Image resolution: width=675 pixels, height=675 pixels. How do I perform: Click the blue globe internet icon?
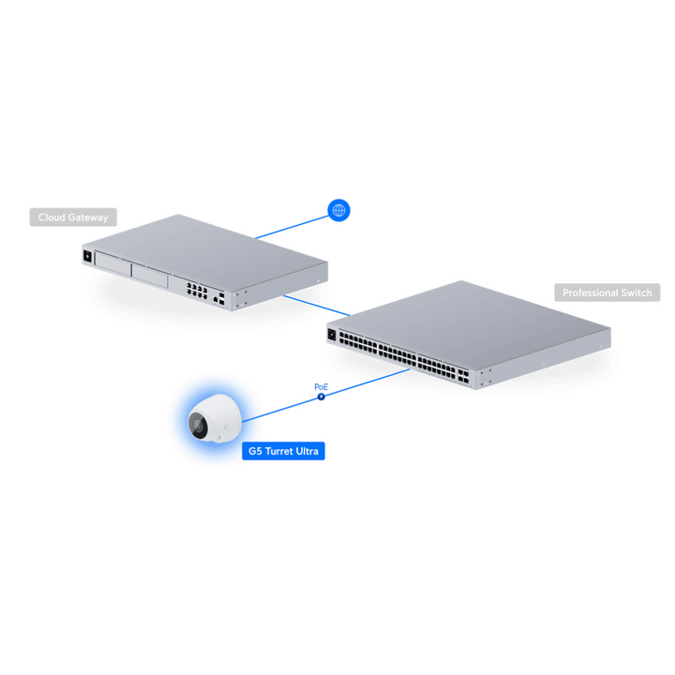pos(338,210)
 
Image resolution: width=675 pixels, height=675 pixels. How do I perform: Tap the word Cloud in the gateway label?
pos(52,217)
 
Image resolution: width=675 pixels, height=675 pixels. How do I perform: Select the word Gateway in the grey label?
pos(88,217)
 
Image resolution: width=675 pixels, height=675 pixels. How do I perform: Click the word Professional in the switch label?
pos(591,292)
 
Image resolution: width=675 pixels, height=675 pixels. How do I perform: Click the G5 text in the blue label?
pos(255,451)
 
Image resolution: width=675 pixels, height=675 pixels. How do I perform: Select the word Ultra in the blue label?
pos(308,451)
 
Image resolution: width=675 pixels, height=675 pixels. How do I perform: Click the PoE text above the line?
pos(322,386)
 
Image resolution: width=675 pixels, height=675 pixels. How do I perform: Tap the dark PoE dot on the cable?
pos(322,397)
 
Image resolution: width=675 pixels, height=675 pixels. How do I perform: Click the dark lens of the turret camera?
pos(199,426)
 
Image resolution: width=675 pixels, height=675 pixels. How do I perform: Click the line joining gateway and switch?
pos(317,306)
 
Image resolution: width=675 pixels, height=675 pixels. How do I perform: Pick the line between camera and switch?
pos(326,396)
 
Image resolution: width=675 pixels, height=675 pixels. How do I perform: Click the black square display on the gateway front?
pos(87,256)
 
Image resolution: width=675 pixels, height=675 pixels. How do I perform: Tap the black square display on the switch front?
pos(332,335)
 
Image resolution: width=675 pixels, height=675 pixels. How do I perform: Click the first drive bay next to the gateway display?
pos(112,263)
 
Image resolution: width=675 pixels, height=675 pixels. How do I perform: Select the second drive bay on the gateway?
pos(149,276)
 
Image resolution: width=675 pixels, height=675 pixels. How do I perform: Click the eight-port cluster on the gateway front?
pos(197,291)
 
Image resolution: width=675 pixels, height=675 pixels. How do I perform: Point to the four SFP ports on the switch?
pos(463,376)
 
